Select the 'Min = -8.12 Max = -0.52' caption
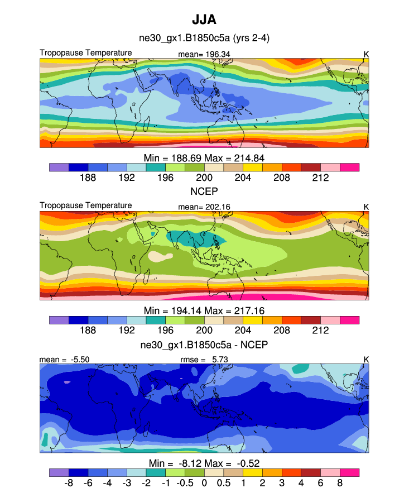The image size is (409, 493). pos(204,463)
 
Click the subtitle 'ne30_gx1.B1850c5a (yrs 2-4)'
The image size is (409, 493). pos(204,38)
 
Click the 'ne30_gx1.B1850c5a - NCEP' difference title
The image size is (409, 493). pos(204,344)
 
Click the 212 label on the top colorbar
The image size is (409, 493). pos(320,178)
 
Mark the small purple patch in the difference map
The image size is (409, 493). pos(67,382)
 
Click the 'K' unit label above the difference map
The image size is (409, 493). pos(366,360)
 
